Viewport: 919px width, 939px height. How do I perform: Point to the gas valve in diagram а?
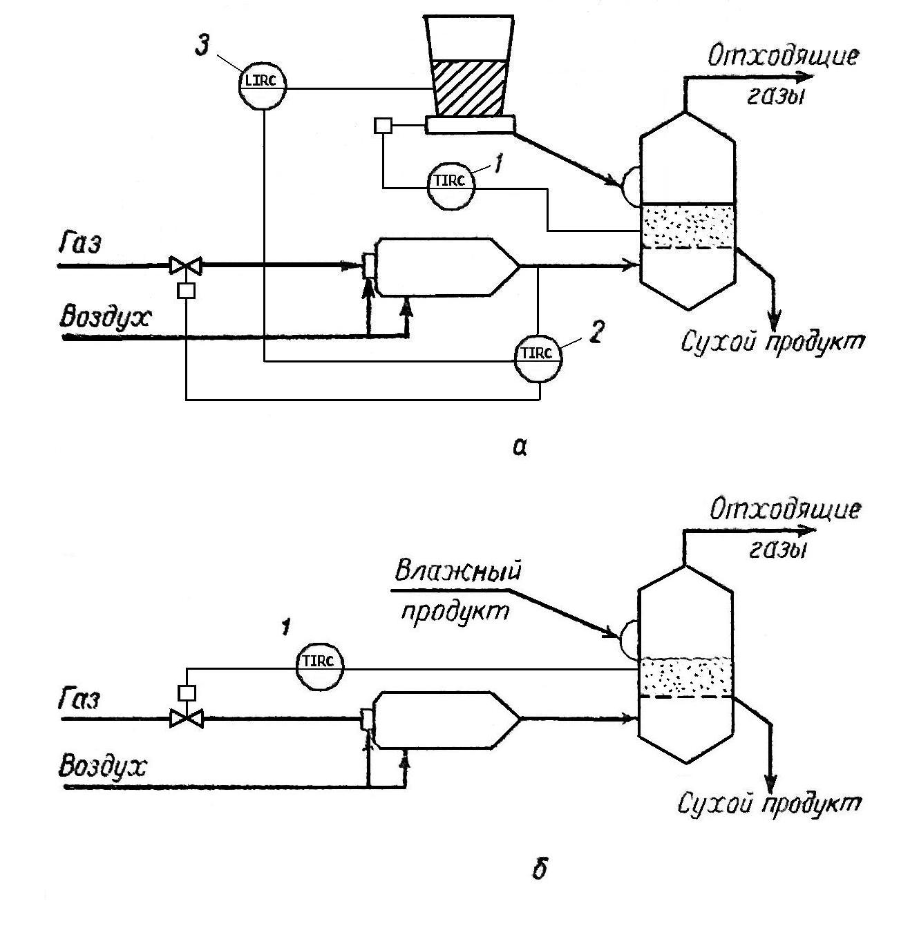(x=186, y=264)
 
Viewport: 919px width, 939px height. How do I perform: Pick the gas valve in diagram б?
(x=187, y=719)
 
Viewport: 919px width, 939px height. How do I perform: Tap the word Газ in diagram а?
(x=79, y=244)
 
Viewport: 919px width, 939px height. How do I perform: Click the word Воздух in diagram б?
(x=104, y=767)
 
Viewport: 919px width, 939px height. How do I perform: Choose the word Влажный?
(x=458, y=572)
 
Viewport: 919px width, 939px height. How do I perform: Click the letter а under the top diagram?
(x=520, y=448)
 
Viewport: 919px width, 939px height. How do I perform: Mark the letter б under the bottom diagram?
(x=540, y=869)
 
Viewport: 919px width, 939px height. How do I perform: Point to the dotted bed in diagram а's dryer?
(x=686, y=226)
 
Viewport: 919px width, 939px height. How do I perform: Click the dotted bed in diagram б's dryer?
(x=686, y=677)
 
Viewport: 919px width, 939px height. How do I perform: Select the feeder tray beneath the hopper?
(x=471, y=124)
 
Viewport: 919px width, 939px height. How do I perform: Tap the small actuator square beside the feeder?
(x=382, y=125)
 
